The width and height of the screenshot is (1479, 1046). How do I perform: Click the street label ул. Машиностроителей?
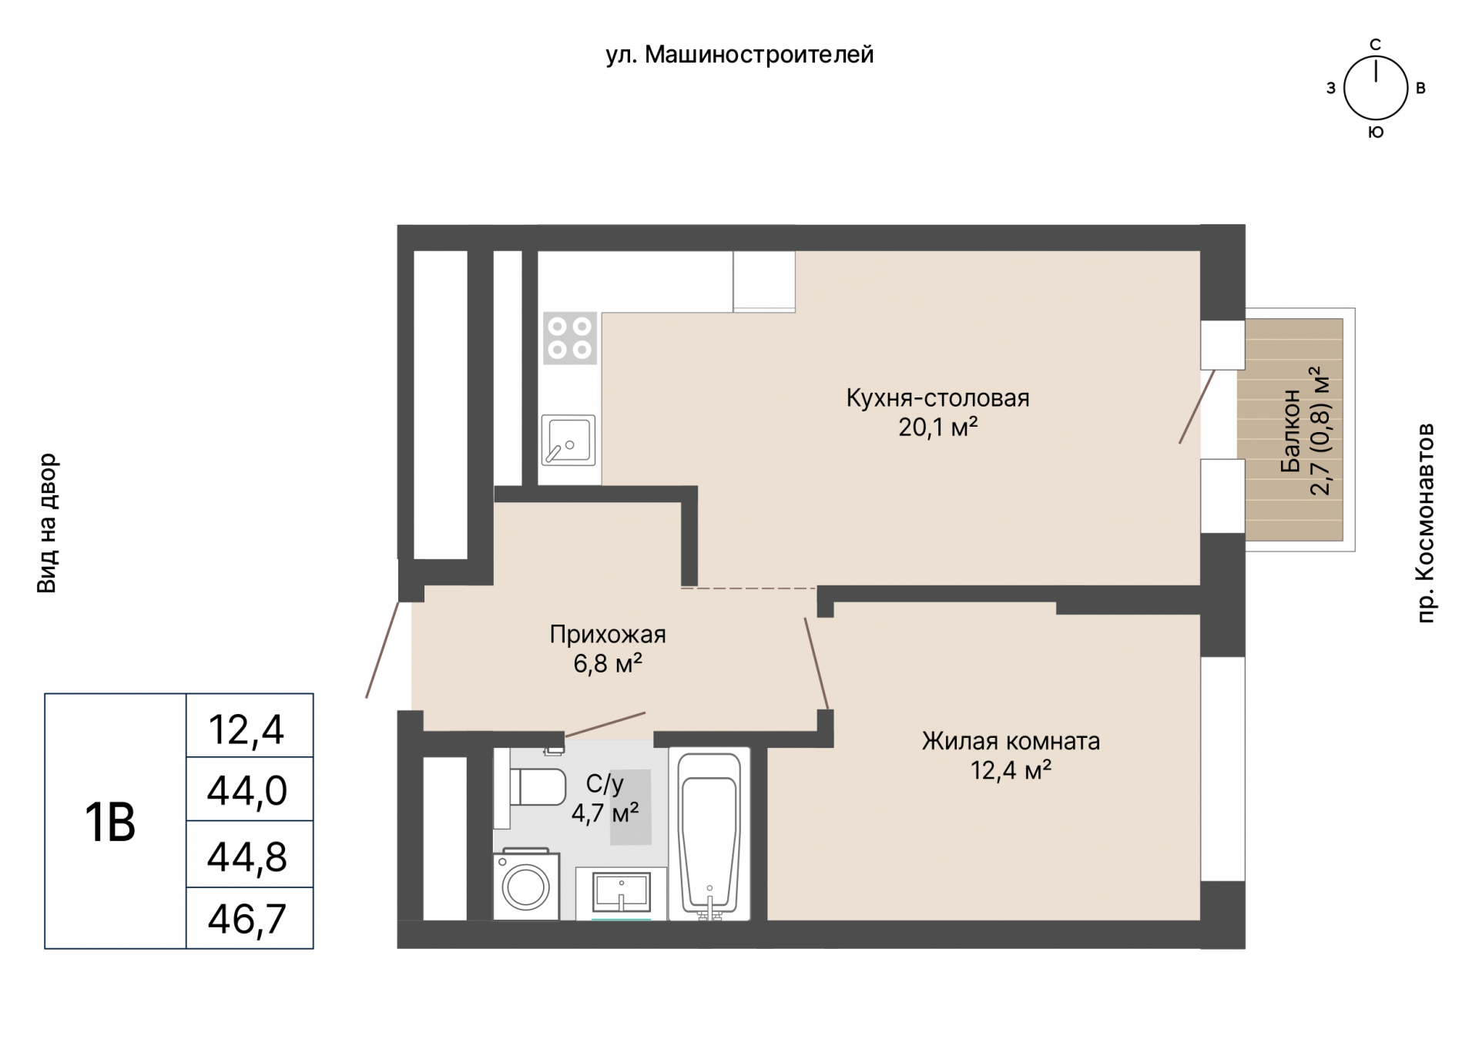point(739,55)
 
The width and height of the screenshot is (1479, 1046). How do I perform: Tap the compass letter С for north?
point(1375,45)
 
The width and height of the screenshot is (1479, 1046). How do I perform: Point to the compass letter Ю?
point(1376,132)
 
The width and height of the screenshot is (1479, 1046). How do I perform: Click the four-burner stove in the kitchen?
point(570,337)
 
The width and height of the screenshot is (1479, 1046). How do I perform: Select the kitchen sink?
point(568,440)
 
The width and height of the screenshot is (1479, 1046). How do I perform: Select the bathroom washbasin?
point(621,892)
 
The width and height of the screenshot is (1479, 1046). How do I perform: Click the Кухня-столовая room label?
point(937,398)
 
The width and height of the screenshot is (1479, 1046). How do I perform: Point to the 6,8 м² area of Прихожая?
point(608,663)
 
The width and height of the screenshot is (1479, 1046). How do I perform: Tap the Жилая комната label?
point(1011,741)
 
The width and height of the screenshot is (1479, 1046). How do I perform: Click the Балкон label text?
point(1291,431)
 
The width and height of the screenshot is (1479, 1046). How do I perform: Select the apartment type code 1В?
point(110,823)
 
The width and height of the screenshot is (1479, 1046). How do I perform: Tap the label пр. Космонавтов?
point(1426,522)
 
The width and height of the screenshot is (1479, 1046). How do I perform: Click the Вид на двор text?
point(48,523)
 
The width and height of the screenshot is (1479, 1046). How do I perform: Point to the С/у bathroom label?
point(605,784)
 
